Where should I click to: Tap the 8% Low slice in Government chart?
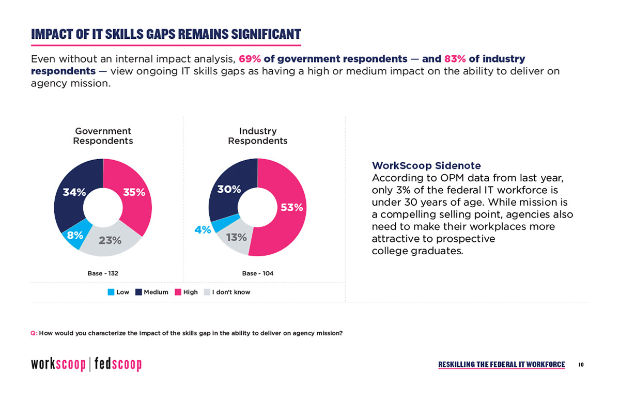tap(74, 236)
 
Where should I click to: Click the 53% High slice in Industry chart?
tap(289, 207)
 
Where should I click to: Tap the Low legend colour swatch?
tap(111, 292)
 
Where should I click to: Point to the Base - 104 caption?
tap(258, 273)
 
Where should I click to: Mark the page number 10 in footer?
tap(581, 365)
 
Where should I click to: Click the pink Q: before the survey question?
tap(34, 333)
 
